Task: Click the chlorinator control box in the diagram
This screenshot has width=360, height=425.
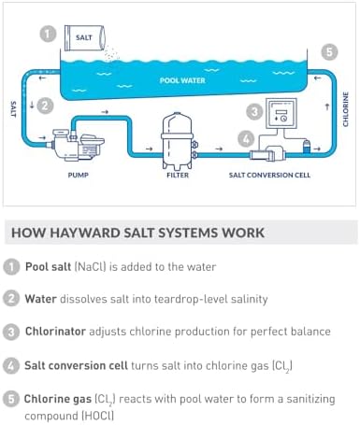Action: [x=281, y=116]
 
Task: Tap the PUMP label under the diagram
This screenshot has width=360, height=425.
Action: [x=77, y=174]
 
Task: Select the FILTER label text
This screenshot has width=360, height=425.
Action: [x=178, y=174]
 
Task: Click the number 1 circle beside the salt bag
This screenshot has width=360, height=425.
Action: [x=46, y=34]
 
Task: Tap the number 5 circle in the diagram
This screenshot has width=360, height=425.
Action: [x=327, y=51]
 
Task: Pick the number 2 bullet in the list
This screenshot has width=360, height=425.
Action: [x=10, y=299]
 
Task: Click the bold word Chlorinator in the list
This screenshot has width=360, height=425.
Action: [x=59, y=332]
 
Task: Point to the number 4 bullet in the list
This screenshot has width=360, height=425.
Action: [x=10, y=364]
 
